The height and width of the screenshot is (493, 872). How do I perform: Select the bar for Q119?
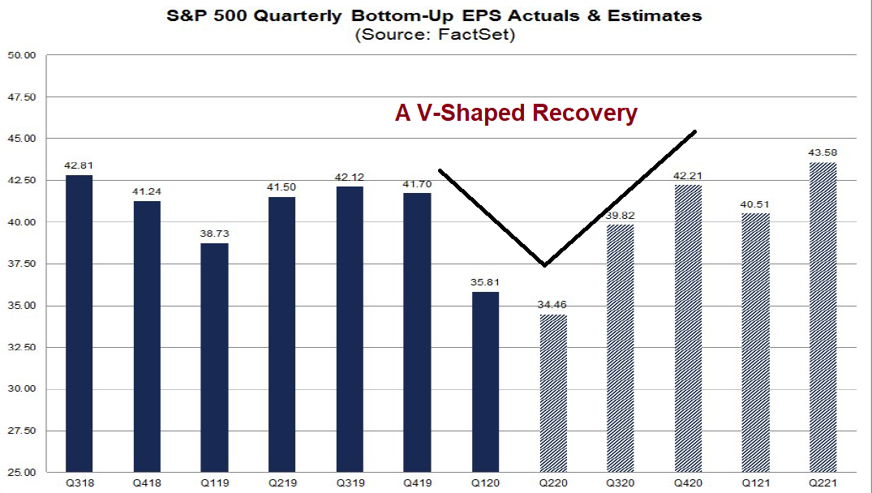tap(214, 357)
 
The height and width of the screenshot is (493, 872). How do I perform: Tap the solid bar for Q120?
tap(485, 381)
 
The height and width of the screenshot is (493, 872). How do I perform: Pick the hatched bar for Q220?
tap(553, 392)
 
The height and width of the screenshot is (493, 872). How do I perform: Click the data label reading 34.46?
tap(553, 305)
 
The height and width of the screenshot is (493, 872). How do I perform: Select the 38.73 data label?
tap(214, 234)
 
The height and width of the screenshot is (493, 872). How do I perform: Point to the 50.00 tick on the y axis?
tap(23, 56)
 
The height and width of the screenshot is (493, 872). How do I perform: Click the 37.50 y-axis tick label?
tap(23, 264)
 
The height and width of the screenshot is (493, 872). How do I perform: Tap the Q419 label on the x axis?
tap(417, 483)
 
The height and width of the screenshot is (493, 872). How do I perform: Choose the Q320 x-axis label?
tap(621, 483)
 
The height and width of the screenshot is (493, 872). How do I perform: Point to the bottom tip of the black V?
tap(544, 264)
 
